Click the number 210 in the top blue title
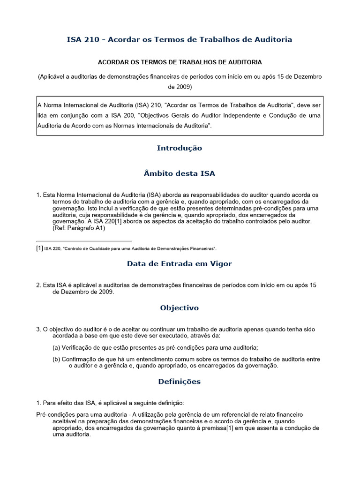(91, 39)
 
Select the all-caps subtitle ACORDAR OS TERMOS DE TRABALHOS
(179, 62)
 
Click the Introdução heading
(179, 148)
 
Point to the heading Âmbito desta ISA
(179, 173)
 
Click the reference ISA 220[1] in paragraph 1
(104, 221)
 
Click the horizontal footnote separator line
(84, 241)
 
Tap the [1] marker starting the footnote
(39, 248)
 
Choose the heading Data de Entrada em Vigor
(179, 264)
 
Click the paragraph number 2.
(38, 285)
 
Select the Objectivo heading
(179, 308)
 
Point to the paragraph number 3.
(38, 330)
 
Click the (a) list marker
(56, 347)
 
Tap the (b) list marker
(56, 359)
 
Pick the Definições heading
(179, 382)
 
